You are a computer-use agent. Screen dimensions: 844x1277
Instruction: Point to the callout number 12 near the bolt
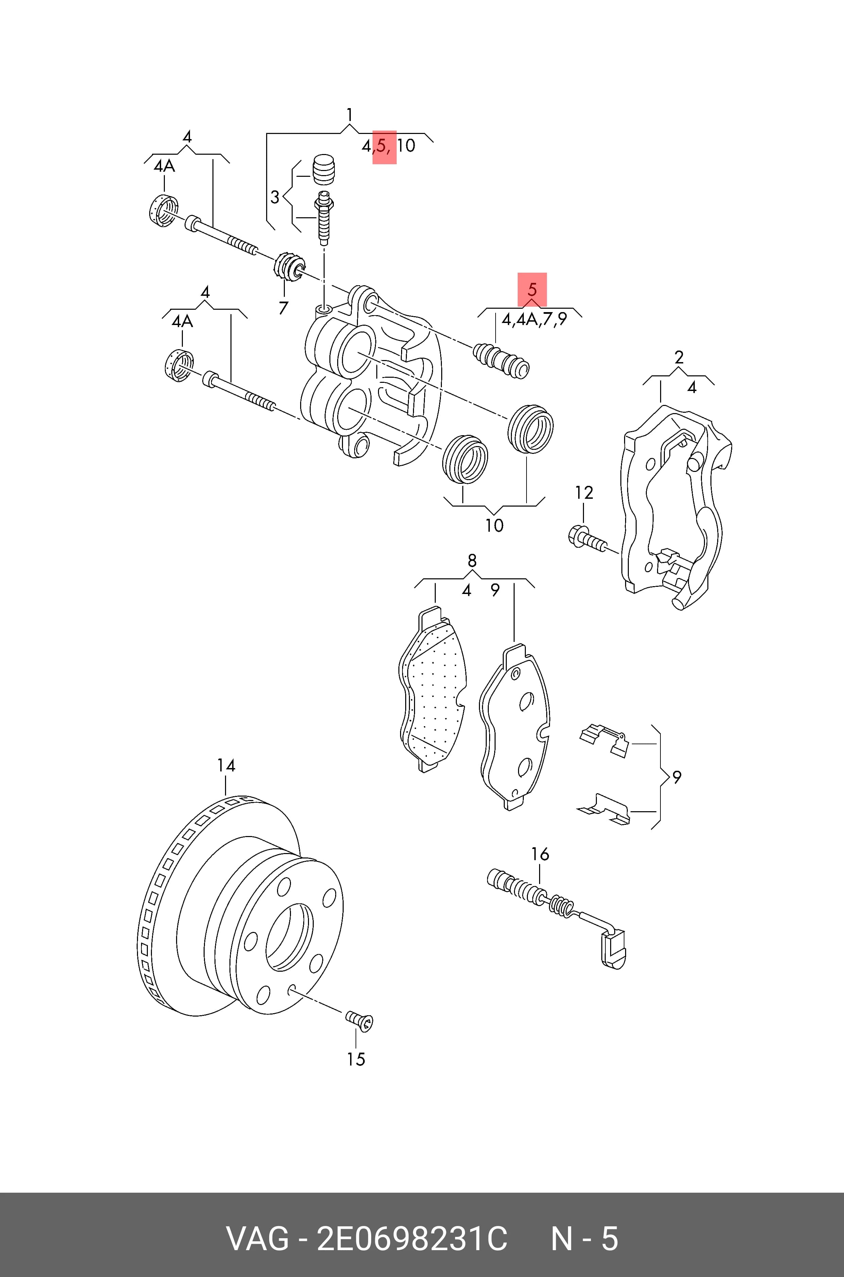[584, 493]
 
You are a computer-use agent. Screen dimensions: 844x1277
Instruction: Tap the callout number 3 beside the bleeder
[275, 198]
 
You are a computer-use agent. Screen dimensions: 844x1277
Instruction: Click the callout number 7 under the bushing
[283, 308]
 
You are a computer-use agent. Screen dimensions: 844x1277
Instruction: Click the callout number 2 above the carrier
[679, 357]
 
